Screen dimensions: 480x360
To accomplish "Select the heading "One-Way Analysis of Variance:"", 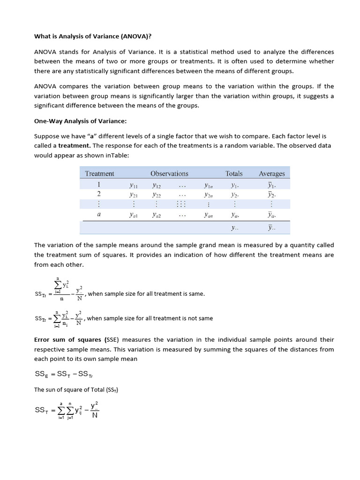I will coord(80,121).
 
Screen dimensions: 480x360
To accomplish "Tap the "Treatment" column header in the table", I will coord(99,173).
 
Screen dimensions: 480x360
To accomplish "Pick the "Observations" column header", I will coord(169,173).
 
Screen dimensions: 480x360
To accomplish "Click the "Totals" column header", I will coord(234,173).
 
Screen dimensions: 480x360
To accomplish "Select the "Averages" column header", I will coord(272,173).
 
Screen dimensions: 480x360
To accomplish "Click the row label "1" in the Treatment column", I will coord(99,184).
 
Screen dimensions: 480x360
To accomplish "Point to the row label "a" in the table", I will coord(99,215).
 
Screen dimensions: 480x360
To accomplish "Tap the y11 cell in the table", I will coord(134,184).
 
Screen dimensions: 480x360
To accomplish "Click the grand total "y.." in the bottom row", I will coord(234,228).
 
